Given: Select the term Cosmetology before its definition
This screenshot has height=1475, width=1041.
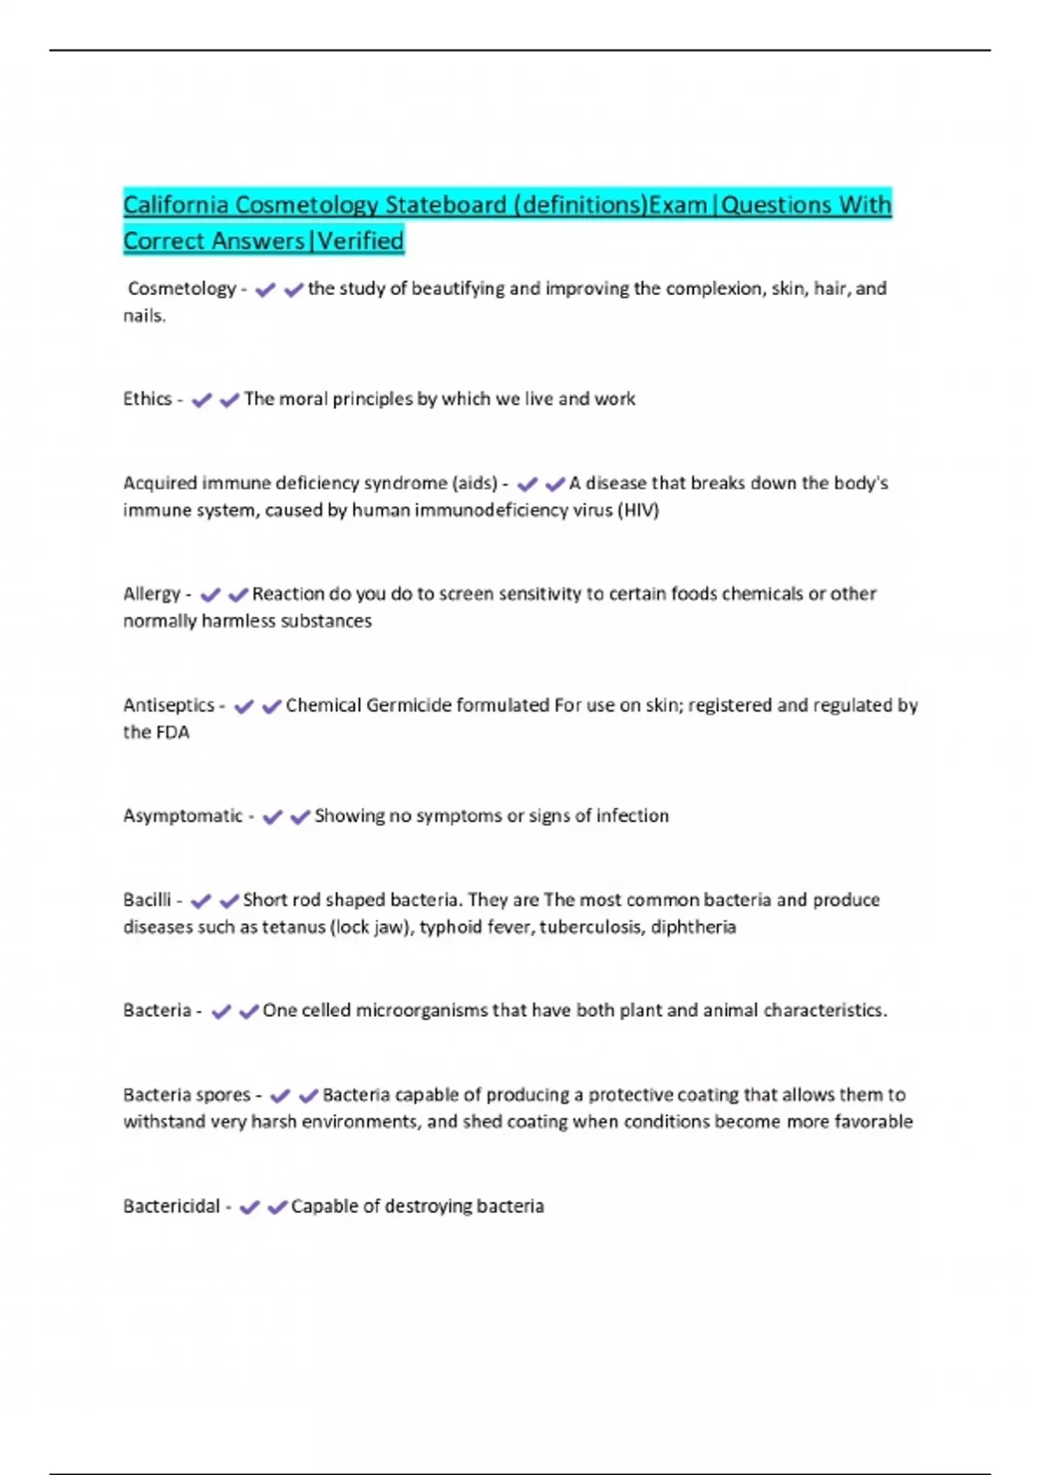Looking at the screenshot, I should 181,289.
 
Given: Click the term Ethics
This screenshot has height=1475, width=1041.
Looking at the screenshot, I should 147,399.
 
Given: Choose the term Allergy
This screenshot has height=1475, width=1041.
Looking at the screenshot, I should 151,594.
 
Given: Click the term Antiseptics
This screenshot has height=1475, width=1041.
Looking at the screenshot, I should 168,705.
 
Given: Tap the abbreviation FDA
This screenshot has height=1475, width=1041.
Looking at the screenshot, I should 173,732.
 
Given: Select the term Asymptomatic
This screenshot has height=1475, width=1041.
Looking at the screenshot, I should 182,816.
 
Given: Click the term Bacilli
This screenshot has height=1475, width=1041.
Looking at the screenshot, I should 147,901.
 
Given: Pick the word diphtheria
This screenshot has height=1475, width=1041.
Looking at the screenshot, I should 693,928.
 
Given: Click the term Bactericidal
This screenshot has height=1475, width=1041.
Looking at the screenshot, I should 171,1207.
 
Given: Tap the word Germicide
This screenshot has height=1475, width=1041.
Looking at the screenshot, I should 409,705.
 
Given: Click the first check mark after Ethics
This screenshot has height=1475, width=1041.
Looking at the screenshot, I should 201,400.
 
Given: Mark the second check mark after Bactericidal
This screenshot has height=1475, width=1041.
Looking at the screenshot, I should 277,1208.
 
